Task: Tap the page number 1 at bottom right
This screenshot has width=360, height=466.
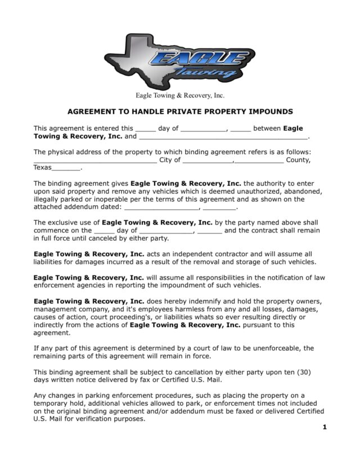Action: click(325, 427)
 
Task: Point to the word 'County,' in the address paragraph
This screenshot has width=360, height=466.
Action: click(298, 160)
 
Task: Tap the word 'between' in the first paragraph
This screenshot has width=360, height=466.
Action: click(267, 128)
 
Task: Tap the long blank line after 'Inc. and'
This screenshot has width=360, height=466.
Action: click(223, 137)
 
